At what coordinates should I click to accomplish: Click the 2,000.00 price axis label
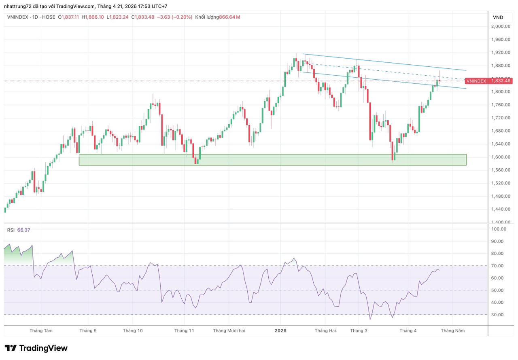[x=501, y=26]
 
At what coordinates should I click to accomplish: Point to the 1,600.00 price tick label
[x=501, y=157]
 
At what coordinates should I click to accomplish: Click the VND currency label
[x=498, y=17]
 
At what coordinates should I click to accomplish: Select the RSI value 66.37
[x=23, y=230]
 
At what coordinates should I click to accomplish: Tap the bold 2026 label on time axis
[x=280, y=330]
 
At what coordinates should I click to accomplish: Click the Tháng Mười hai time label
[x=229, y=330]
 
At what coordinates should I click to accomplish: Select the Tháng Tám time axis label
[x=41, y=330]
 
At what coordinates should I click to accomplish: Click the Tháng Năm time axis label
[x=453, y=330]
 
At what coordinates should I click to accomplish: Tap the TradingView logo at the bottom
[x=36, y=348]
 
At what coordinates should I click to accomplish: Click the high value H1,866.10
[x=93, y=17]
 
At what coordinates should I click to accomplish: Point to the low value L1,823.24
[x=117, y=17]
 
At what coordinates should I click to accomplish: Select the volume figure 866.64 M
[x=229, y=17]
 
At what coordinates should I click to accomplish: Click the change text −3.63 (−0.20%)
[x=174, y=17]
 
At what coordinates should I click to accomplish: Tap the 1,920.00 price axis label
[x=501, y=53]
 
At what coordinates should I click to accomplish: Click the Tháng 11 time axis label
[x=184, y=330]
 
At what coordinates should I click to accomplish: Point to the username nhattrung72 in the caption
[x=18, y=6]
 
